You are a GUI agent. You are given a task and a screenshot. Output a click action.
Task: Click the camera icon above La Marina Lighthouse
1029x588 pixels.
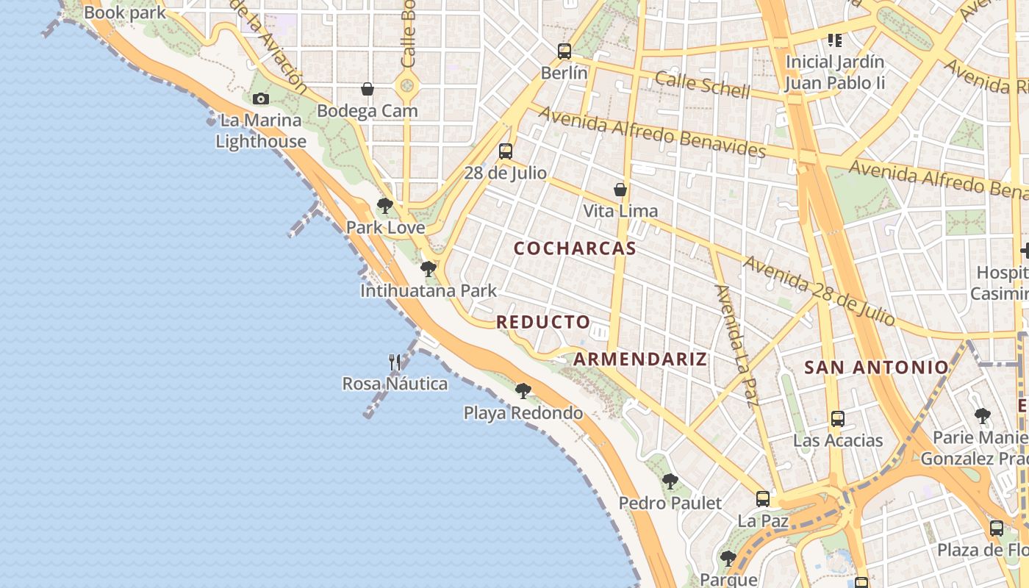pos(260,99)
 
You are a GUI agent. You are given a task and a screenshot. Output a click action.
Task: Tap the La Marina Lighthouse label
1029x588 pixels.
pos(261,131)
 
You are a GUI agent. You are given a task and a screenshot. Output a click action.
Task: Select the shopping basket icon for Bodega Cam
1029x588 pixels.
pos(367,90)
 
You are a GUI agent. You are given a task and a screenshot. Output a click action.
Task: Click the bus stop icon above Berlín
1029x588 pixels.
pos(564,51)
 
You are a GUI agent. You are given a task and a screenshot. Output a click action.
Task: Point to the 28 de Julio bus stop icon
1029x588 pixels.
pos(506,151)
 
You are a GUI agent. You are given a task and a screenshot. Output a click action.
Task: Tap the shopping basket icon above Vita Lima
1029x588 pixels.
pos(620,190)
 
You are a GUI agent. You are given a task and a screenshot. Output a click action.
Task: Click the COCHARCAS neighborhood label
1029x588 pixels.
pos(575,248)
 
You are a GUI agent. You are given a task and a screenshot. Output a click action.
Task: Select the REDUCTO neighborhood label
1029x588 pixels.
pos(543,322)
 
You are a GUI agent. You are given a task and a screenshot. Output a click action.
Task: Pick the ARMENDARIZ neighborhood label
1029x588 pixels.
pos(640,359)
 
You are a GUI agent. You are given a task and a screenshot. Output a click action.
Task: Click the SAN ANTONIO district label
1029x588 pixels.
pos(877,367)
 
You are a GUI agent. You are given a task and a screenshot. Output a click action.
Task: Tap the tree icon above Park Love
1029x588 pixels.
pos(384,206)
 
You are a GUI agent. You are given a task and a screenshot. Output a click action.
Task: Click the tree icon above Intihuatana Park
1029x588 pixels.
pos(429,269)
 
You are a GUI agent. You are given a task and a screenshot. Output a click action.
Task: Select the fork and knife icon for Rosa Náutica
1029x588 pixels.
pos(395,362)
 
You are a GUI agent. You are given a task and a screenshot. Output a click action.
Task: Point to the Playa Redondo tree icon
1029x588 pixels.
pos(523,391)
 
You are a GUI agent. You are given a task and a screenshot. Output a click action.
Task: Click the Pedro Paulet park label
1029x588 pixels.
pos(670,503)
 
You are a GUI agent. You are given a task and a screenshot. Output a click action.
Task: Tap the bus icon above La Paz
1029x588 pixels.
pos(763,499)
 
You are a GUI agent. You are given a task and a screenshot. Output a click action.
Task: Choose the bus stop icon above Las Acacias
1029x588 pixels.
pos(837,419)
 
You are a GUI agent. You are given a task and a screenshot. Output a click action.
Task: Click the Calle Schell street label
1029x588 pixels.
pos(702,85)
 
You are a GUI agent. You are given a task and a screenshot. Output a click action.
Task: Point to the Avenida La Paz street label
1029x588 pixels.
pos(736,345)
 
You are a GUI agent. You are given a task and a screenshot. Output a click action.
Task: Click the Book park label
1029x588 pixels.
pos(125,12)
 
